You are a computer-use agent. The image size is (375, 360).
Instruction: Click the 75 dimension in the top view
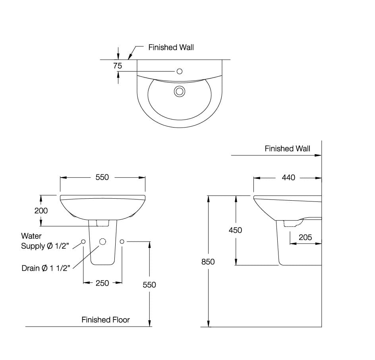118,66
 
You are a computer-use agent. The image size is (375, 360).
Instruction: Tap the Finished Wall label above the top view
171,47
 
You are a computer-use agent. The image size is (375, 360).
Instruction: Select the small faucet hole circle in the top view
179,71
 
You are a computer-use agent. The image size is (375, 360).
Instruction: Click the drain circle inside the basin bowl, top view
180,91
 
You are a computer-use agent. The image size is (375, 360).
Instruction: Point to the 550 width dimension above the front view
102,178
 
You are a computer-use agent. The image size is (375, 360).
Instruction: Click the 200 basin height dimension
41,211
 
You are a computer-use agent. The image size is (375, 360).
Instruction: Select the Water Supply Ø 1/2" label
45,241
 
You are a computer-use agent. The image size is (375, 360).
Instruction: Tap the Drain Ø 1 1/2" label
46,268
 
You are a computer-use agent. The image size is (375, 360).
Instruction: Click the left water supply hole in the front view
83,242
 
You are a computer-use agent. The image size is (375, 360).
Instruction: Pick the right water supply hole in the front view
122,242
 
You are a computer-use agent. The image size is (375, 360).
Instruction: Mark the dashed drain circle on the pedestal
102,242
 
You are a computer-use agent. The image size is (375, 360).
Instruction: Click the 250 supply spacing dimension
102,283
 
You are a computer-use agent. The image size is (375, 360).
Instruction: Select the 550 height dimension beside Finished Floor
149,285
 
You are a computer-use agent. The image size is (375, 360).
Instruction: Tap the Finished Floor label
106,319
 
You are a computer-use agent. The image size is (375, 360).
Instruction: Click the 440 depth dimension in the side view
288,178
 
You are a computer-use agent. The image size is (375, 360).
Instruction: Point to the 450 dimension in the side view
235,230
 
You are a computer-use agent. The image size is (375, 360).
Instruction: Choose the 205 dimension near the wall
305,237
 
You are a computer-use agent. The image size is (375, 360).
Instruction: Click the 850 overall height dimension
208,261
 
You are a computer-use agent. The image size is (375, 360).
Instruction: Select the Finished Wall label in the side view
287,149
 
